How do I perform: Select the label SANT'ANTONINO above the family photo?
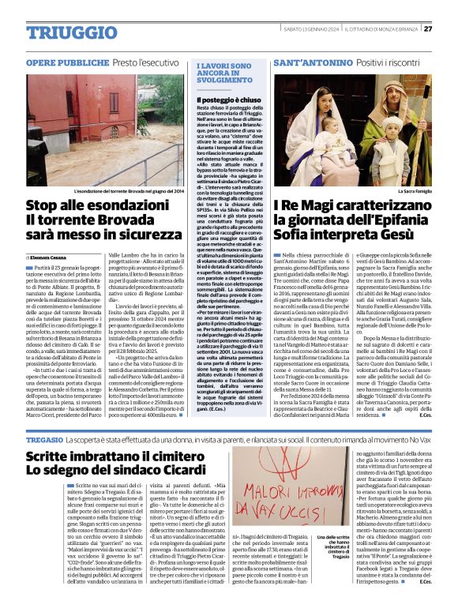[x=310, y=62]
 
